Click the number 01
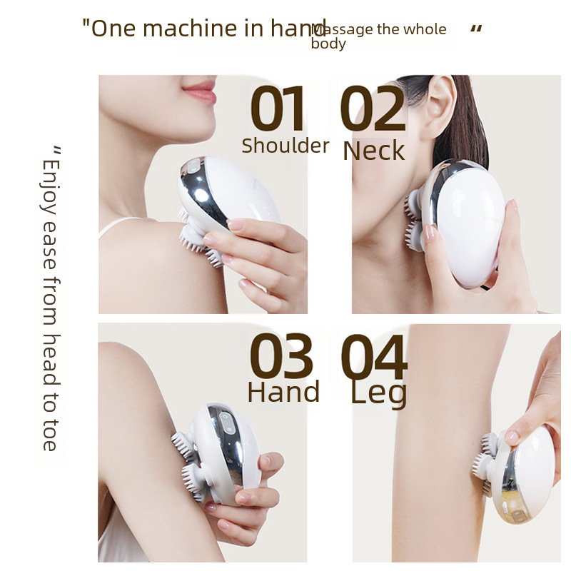tap(278, 111)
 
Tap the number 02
tap(372, 111)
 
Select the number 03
tap(281, 358)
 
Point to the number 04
tap(374, 358)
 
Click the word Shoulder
tap(285, 146)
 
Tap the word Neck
tap(373, 151)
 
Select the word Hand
tap(283, 393)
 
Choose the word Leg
tap(378, 393)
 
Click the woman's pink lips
tap(199, 91)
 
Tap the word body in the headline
tap(328, 44)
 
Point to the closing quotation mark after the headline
tap(476, 29)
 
